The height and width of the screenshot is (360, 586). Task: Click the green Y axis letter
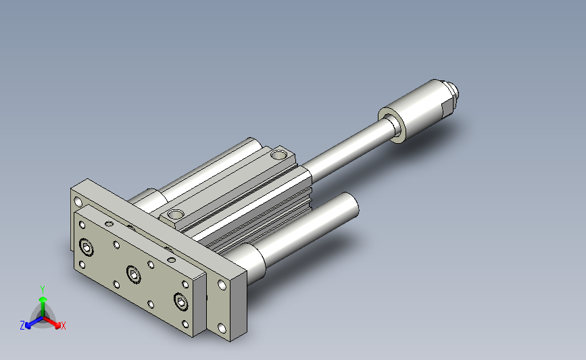click(42, 290)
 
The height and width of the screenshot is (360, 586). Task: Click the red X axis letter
click(63, 326)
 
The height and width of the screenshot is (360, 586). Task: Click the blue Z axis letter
click(22, 326)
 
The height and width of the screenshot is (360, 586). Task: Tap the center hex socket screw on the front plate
click(133, 274)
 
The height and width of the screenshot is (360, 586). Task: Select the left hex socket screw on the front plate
click(87, 247)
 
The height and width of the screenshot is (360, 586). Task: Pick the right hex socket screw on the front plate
click(180, 302)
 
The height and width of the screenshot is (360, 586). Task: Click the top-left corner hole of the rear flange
click(78, 202)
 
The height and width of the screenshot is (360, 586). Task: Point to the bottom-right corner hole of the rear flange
click(222, 329)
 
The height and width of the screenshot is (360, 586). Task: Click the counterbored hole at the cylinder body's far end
click(278, 154)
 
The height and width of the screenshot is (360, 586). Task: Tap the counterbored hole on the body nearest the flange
click(175, 214)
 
